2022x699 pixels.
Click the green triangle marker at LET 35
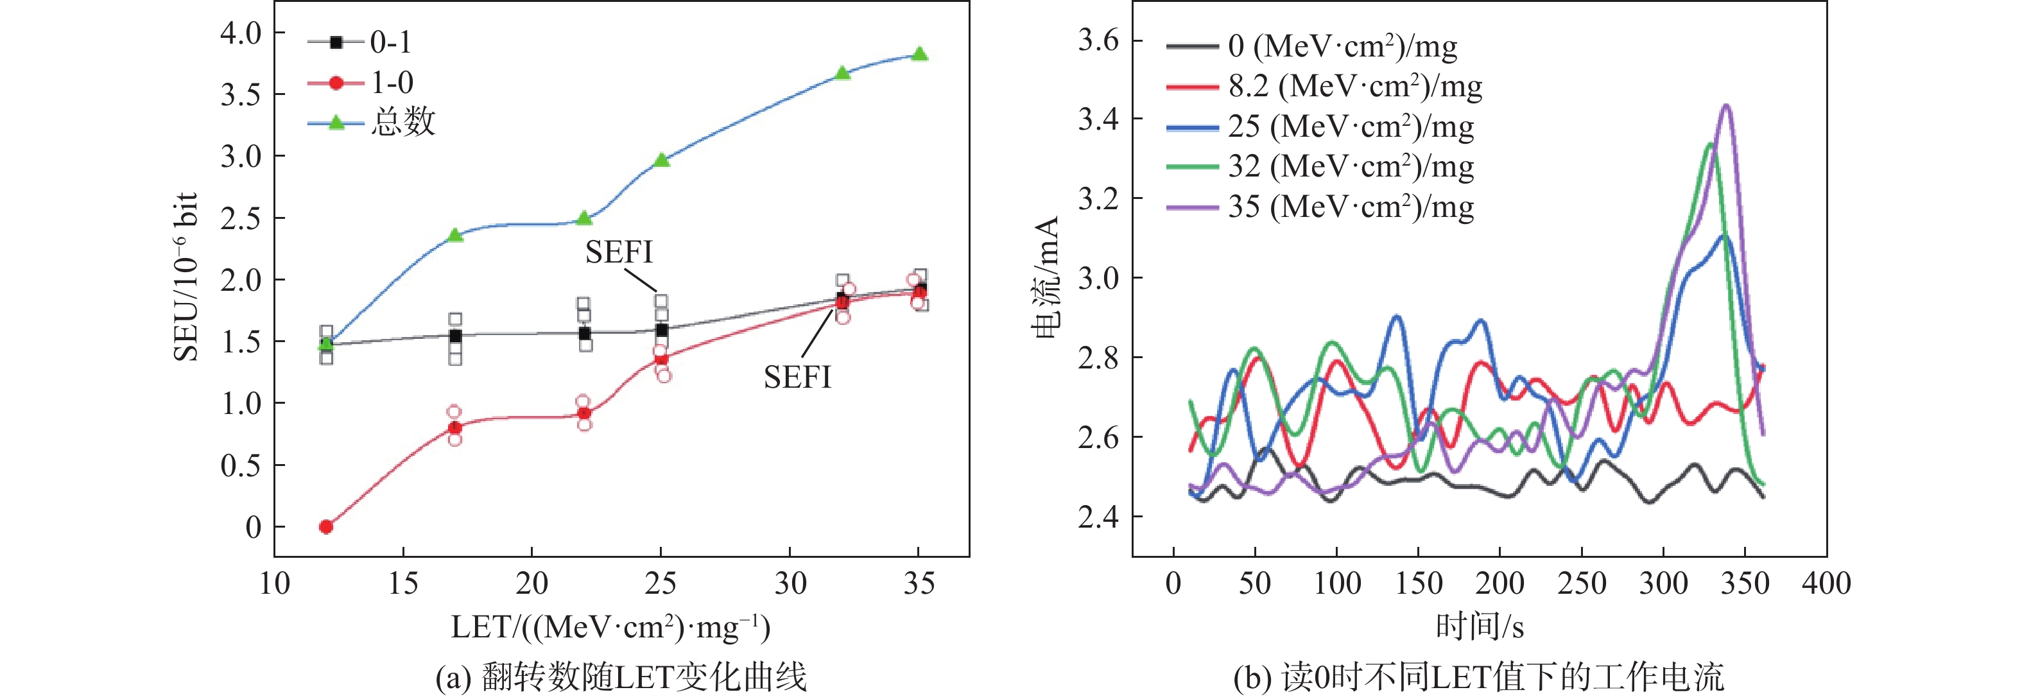[x=920, y=54]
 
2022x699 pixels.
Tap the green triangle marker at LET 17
[x=455, y=234]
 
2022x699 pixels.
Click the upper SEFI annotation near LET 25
[x=619, y=252]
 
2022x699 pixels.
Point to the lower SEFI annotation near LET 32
[x=797, y=377]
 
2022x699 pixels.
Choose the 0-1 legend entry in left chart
[x=360, y=42]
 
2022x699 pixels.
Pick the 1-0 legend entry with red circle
[x=361, y=82]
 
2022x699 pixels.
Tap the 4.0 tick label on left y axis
[x=241, y=33]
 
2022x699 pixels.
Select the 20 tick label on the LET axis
[x=531, y=583]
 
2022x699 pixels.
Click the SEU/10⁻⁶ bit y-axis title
[x=186, y=277]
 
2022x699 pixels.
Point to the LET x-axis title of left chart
[x=610, y=628]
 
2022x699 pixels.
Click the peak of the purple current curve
[x=1725, y=106]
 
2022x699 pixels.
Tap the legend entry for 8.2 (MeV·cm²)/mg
[x=1324, y=86]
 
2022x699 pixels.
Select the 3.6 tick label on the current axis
[x=1098, y=39]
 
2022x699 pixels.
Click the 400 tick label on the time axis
[x=1826, y=583]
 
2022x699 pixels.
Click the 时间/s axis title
[x=1479, y=627]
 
